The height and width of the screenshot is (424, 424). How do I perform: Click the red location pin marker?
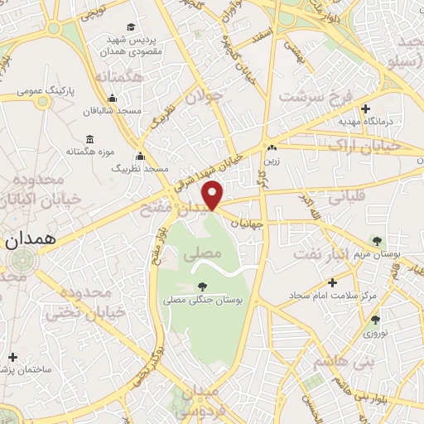click(x=214, y=195)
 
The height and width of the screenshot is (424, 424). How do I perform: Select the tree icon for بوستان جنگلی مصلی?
click(x=203, y=287)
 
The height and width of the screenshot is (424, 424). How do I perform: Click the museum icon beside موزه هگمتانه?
click(x=89, y=139)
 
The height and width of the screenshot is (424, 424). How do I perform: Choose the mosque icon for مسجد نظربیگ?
click(x=140, y=157)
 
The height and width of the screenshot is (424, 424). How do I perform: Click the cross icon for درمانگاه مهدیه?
click(x=365, y=108)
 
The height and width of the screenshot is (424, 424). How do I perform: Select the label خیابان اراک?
click(x=364, y=146)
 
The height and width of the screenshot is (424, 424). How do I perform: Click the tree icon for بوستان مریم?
click(x=378, y=241)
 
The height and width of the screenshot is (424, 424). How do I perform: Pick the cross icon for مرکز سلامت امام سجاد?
click(x=332, y=282)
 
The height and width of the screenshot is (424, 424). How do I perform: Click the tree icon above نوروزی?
click(x=375, y=320)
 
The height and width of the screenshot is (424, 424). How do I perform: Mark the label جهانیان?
click(x=247, y=224)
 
